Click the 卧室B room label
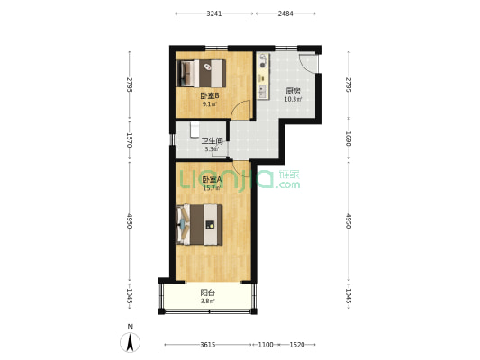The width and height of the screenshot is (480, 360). point(210,96)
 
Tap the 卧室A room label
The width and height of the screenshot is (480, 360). point(213,179)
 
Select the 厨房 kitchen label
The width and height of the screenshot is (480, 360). point(293,91)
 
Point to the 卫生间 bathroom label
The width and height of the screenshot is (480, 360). point(212,141)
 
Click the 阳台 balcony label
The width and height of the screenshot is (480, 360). point(207,292)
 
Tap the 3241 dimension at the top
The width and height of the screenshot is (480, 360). point(214,13)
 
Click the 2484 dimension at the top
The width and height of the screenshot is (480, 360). point(285,13)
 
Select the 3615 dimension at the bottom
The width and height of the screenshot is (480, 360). point(207,345)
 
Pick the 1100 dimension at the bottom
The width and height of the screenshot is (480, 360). point(266,345)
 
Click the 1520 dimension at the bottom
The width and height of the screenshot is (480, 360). point(297,345)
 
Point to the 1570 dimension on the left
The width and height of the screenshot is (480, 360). point(129,140)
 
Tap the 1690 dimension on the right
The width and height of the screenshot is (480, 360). point(349,139)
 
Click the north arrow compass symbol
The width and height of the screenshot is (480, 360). point(130,342)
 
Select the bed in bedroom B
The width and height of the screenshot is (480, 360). point(201,74)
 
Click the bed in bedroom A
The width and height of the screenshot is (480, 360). point(199,224)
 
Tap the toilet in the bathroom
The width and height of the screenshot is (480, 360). point(195,130)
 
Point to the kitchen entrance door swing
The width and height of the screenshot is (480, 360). point(309,64)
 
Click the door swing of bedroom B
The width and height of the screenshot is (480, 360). point(241,110)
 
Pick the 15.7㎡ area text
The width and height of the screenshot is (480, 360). point(212,188)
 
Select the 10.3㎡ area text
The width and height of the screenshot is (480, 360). point(293,99)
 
